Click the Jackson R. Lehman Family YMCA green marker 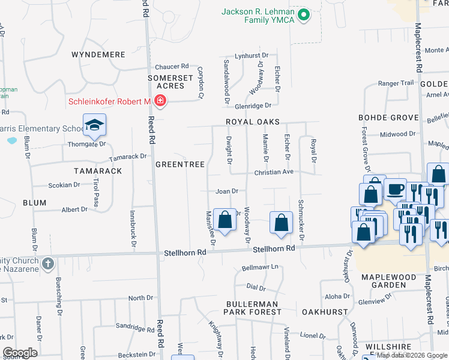coord(304,15)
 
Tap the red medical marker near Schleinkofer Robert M coord(160,101)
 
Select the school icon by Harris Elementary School coord(94,125)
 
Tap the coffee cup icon coord(395,189)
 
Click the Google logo coord(20,353)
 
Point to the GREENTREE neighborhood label coord(180,164)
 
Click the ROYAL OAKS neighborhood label coord(253,122)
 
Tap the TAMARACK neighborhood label coord(98,171)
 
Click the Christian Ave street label coord(274,172)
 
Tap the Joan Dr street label coord(228,191)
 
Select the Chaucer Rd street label coord(172,67)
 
